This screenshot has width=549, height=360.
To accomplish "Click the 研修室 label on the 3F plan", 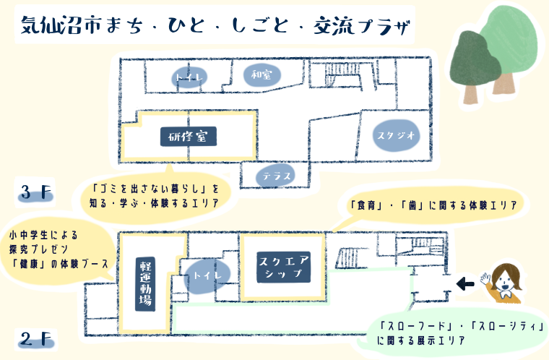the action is tap(189, 137).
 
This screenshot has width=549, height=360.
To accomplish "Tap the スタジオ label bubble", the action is tap(396, 135).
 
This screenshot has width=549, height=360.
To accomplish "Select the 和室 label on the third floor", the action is tap(262, 75).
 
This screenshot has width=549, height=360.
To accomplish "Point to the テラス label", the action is tap(276, 176).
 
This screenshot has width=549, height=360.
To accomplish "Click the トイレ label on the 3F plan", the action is tap(189, 77).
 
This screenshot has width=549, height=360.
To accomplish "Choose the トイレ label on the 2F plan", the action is tap(207, 275).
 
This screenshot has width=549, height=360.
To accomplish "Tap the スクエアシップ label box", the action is tap(284, 267).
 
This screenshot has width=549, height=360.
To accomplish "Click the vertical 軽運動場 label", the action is tap(145, 284).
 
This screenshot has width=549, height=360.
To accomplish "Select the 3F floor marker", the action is tap(35, 193).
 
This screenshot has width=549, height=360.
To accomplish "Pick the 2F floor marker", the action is tap(36, 340).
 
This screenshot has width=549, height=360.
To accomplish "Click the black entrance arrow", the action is tap(465, 283).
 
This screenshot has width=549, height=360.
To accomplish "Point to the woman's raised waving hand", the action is tap(485, 279).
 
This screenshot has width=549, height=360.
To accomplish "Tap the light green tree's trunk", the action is tap(503, 83).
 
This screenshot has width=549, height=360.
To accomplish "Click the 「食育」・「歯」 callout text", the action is tap(434, 205).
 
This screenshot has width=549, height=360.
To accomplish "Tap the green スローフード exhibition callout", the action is tap(455, 333).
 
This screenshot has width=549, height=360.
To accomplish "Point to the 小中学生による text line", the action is tap(43, 235).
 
